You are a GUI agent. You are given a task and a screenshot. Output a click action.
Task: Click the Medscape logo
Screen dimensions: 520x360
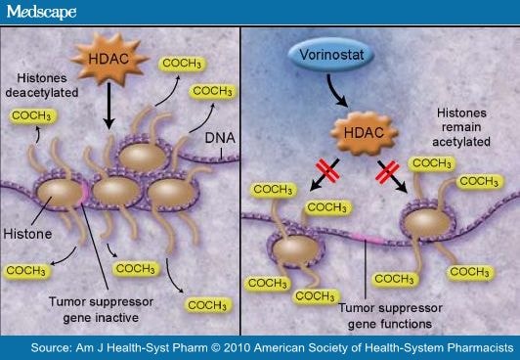pyautogui.click(x=40, y=12)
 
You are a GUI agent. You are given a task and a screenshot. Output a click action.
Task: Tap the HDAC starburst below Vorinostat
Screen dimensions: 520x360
pyautogui.click(x=364, y=131)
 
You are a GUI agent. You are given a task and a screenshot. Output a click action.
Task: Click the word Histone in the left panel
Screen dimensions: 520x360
pyautogui.click(x=32, y=235)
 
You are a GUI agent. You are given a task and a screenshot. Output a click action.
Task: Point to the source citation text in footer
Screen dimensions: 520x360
pyautogui.click(x=260, y=348)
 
